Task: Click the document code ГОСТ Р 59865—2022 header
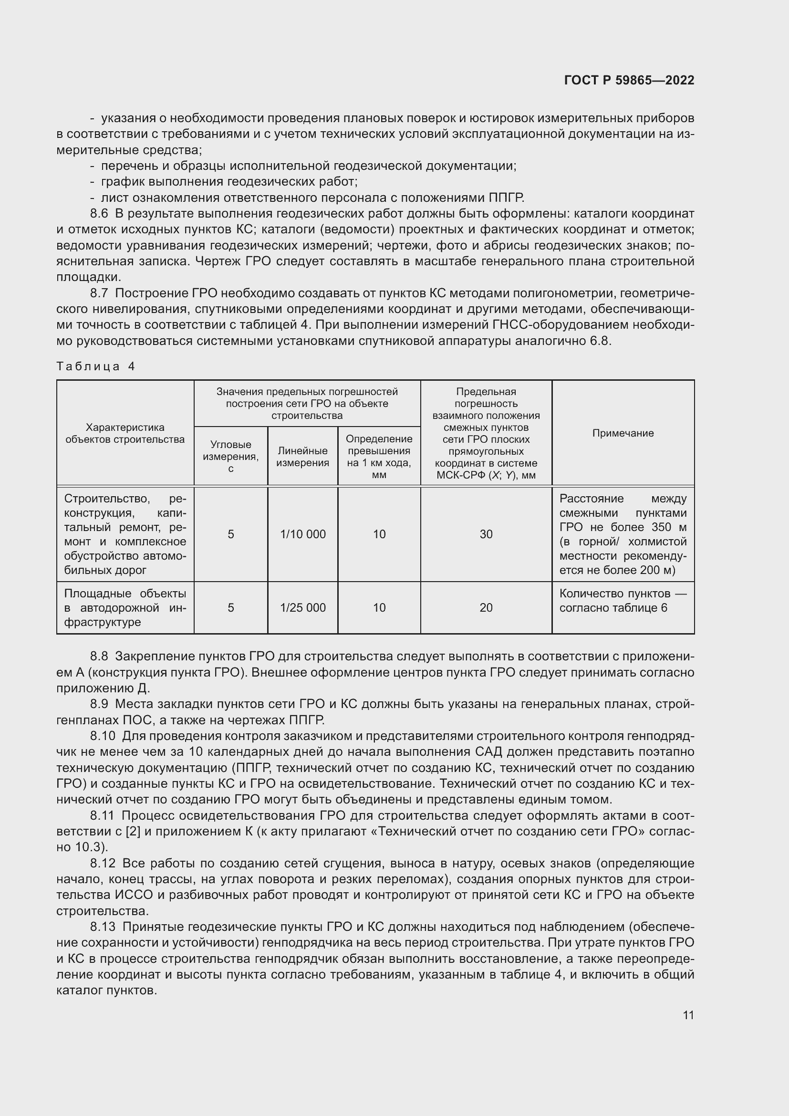click(629, 80)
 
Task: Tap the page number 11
click(688, 1015)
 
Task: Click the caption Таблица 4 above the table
click(95, 366)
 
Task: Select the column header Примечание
click(623, 433)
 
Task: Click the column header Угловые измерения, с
click(231, 456)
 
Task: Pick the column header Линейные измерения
click(303, 457)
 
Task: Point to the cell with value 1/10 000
click(303, 534)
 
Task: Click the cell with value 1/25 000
click(303, 607)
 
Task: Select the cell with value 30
click(486, 534)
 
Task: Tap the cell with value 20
click(486, 607)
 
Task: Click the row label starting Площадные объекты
click(125, 607)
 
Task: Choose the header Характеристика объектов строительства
click(125, 433)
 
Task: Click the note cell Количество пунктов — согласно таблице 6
click(623, 601)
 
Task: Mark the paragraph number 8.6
click(99, 213)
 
